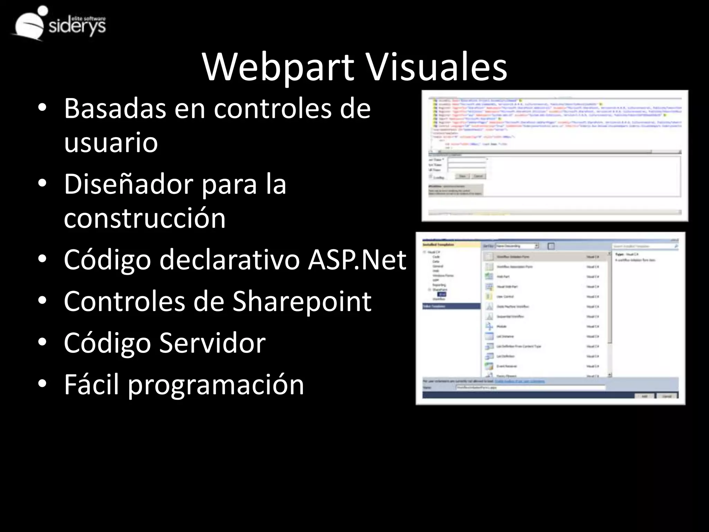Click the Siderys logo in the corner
(59, 24)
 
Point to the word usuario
(111, 142)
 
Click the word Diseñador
(128, 184)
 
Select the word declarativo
(229, 260)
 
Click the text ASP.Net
(357, 260)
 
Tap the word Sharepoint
(302, 301)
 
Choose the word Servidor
(213, 343)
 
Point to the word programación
(216, 384)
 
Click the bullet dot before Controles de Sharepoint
(42, 301)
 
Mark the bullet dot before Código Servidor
(42, 343)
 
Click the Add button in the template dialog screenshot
(644, 396)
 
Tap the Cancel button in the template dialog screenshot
(667, 396)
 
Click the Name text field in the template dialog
(530, 388)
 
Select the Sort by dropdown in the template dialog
(517, 246)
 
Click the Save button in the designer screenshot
(462, 176)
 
